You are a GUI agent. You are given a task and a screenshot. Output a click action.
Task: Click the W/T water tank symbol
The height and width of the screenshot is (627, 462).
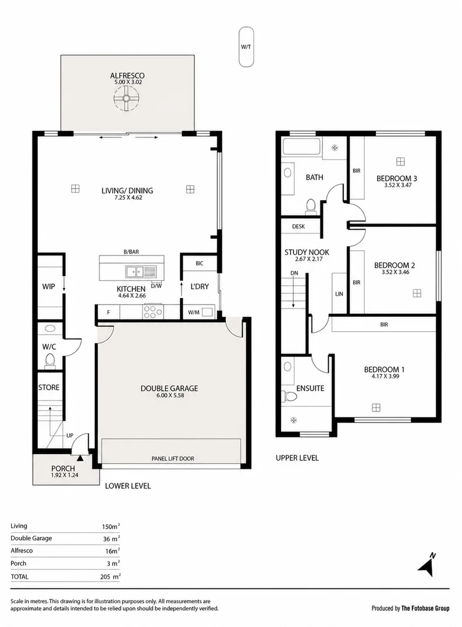pyautogui.click(x=246, y=47)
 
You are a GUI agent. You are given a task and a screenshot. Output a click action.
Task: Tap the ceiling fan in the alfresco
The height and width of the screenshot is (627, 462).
pyautogui.click(x=126, y=98)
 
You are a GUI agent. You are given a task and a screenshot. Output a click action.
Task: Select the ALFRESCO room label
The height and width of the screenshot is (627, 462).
pyautogui.click(x=127, y=75)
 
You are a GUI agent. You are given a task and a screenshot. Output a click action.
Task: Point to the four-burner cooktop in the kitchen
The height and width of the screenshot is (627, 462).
pyautogui.click(x=152, y=311)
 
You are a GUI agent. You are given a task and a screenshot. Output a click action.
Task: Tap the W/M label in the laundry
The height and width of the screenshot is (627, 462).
pyautogui.click(x=193, y=312)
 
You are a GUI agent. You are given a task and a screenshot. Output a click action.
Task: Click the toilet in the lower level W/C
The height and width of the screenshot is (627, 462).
pyautogui.click(x=50, y=361)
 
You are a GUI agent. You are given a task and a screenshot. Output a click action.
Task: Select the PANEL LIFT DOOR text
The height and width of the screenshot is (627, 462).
pyautogui.click(x=173, y=459)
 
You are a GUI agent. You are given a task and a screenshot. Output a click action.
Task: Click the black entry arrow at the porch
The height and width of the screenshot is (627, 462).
pyautogui.click(x=80, y=459)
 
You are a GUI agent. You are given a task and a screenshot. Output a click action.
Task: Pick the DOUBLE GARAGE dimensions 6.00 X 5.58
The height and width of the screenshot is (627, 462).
pyautogui.click(x=170, y=395)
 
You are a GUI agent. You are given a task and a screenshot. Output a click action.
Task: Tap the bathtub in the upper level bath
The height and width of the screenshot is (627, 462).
pyautogui.click(x=301, y=146)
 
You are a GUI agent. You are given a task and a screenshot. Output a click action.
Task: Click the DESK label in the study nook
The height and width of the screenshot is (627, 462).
pyautogui.click(x=298, y=226)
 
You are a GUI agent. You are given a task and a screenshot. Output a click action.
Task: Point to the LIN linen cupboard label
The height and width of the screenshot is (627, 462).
pyautogui.click(x=339, y=294)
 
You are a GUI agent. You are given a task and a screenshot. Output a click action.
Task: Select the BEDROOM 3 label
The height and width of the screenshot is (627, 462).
pyautogui.click(x=396, y=178)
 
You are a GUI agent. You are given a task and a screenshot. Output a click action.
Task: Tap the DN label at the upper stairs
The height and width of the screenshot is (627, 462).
pyautogui.click(x=294, y=273)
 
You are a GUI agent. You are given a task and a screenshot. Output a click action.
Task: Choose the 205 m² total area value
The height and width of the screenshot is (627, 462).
pyautogui.click(x=111, y=576)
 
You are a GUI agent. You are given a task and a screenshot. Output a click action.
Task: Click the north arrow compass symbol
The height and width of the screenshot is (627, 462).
pyautogui.click(x=427, y=565)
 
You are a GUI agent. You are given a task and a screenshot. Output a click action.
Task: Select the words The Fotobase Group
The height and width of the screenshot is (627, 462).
pyautogui.click(x=425, y=608)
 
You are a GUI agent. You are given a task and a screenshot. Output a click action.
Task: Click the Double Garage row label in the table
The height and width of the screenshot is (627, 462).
pyautogui.click(x=31, y=539)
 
